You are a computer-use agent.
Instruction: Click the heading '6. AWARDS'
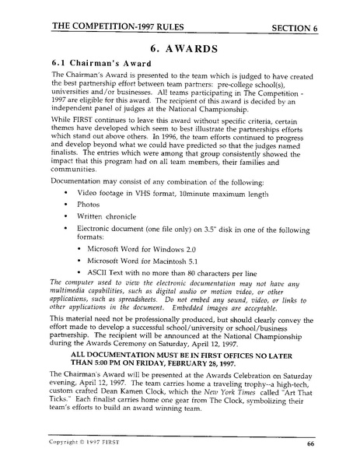[180, 47]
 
